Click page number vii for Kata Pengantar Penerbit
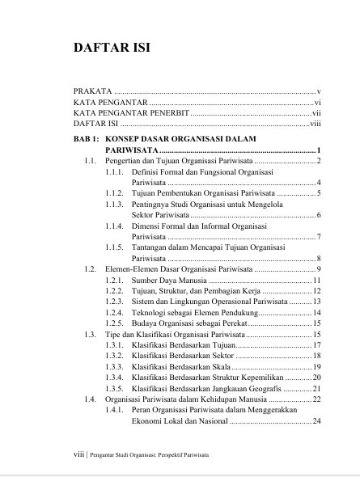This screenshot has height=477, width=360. pos(316,114)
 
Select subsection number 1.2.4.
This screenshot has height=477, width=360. pos(116,311)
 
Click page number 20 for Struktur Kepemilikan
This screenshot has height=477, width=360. pos(318,377)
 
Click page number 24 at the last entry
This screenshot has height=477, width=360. pos(318,421)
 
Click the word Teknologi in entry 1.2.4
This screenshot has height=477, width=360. pos(150,311)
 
